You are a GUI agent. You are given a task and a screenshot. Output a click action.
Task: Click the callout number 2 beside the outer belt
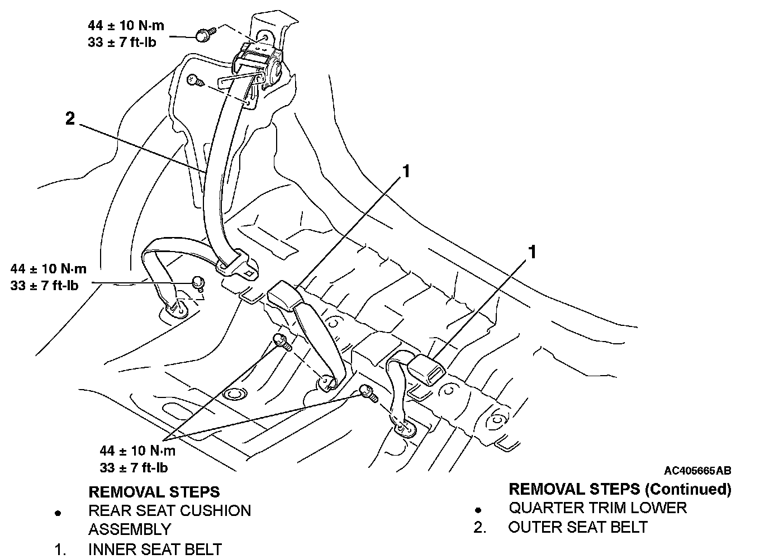[x=70, y=119]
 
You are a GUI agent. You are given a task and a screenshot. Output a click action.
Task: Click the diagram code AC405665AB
[x=697, y=471]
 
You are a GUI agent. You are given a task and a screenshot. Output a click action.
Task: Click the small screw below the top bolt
[x=196, y=81]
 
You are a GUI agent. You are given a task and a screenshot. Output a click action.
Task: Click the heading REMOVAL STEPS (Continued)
[x=620, y=489]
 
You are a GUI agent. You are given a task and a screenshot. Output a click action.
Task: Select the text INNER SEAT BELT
[x=155, y=549]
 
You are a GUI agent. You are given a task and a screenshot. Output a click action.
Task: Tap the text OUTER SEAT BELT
[x=578, y=527]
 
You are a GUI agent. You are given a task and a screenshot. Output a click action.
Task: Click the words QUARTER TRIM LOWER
[x=597, y=508]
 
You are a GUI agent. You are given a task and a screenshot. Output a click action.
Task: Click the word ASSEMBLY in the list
[x=130, y=529]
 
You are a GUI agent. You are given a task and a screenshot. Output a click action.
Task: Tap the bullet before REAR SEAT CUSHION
[x=58, y=513]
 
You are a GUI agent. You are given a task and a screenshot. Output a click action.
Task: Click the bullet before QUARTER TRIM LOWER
[x=478, y=510]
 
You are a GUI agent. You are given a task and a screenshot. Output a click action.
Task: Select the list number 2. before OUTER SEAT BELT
[x=480, y=527]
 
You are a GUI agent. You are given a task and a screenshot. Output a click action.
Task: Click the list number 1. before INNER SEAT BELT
[x=60, y=549]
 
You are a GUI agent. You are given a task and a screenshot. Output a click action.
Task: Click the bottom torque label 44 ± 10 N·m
[x=137, y=451]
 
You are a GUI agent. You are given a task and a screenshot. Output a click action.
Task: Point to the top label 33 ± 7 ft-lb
[x=122, y=42]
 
